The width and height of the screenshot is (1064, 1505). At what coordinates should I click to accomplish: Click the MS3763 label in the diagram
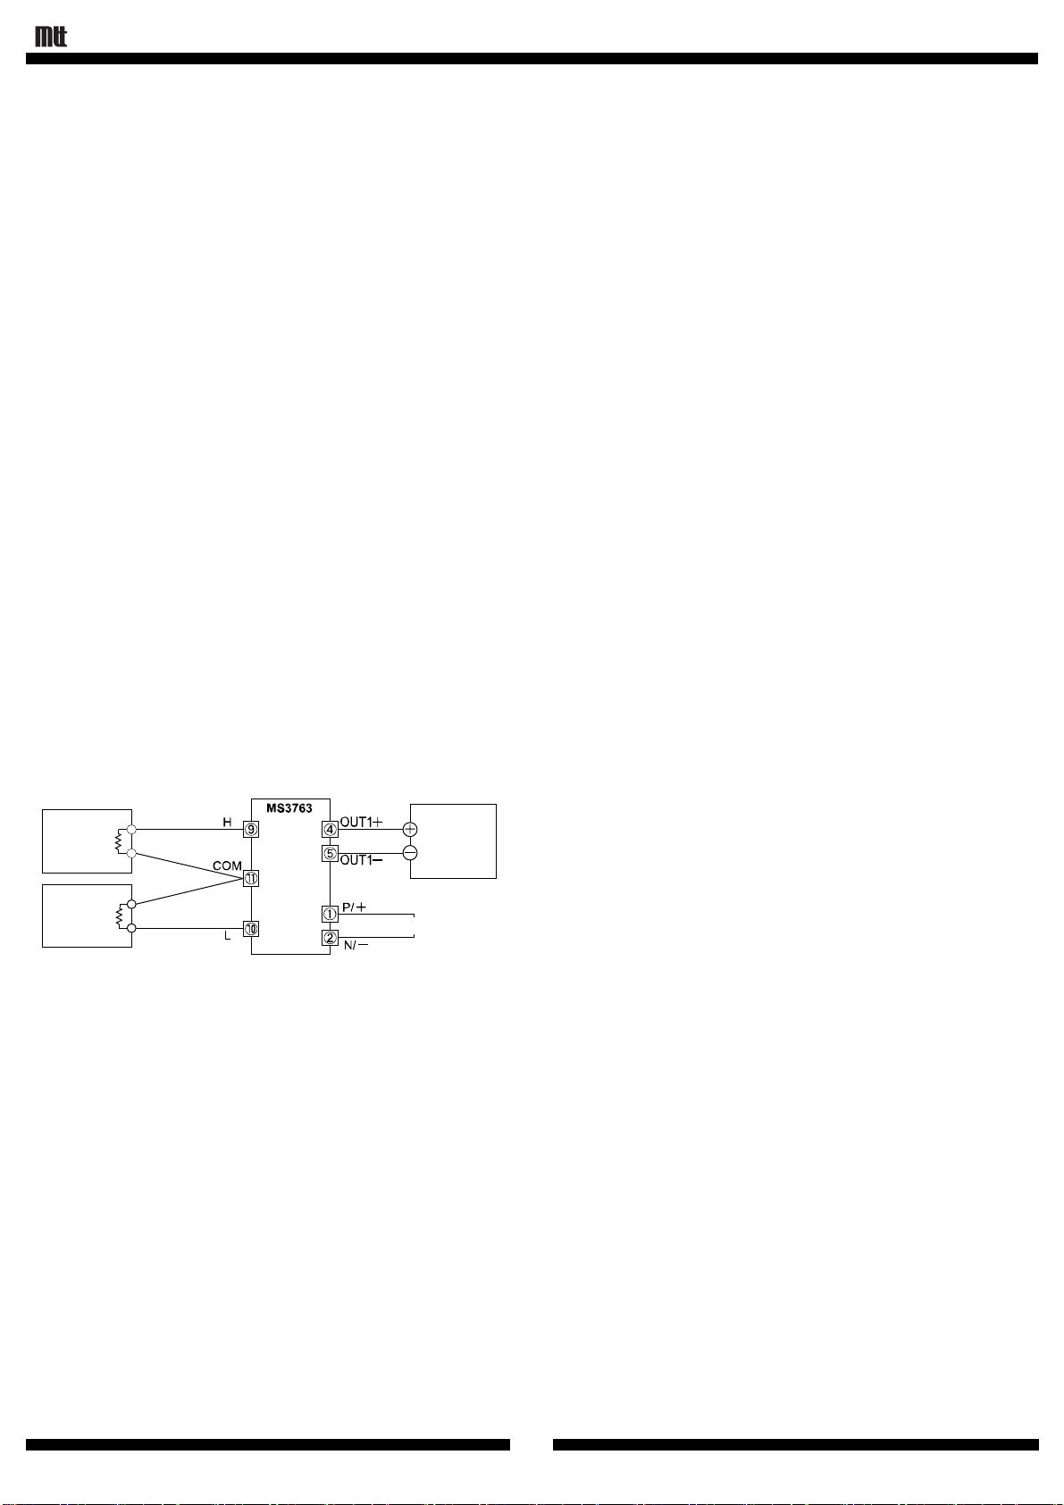[289, 808]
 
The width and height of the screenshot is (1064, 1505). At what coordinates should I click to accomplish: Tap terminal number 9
[251, 829]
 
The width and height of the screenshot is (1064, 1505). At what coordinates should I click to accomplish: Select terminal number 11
[251, 879]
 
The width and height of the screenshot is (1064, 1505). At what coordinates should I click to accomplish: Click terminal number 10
[251, 929]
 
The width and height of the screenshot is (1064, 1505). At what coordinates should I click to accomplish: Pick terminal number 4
[331, 829]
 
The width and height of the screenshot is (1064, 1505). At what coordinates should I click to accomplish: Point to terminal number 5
[331, 853]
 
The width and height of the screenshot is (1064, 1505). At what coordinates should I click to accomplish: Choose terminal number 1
[331, 914]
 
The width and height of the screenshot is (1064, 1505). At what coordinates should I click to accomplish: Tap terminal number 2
[331, 938]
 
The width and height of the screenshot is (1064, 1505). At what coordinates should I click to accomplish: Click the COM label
[227, 866]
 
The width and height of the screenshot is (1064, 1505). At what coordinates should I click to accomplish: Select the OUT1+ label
[361, 822]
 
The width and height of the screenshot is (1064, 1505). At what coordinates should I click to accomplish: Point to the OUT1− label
[361, 860]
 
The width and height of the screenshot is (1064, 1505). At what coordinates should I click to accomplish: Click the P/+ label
[354, 907]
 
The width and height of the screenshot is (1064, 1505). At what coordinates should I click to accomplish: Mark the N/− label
[356, 945]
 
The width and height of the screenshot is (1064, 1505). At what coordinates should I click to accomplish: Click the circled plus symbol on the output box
[410, 829]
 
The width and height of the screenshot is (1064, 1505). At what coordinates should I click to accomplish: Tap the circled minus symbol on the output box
[410, 853]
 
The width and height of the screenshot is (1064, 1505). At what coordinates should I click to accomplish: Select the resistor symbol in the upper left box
[119, 840]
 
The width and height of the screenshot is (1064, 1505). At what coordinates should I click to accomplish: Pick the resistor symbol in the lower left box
[119, 916]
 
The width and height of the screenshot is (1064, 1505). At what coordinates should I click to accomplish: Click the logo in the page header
[51, 37]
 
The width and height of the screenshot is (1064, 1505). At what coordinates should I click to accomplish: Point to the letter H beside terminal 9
[227, 822]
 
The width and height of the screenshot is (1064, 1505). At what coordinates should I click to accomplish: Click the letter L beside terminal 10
[227, 937]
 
